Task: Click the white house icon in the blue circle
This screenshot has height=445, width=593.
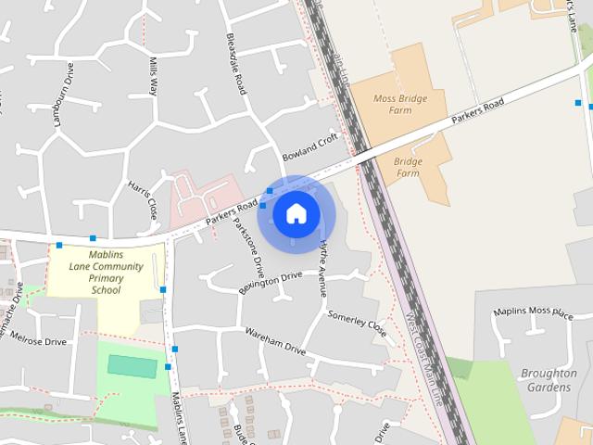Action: point(296,213)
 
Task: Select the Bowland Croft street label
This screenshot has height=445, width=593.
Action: point(312,146)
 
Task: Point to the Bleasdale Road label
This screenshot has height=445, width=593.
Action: point(236,64)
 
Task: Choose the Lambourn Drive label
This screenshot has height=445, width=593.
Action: point(64,94)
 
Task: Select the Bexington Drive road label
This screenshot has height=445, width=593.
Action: point(271,280)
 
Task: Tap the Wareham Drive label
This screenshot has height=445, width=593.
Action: point(275,340)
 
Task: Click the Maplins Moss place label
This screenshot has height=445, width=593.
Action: point(534,312)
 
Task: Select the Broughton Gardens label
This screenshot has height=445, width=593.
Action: point(549,380)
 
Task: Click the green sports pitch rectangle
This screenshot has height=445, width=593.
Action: point(132,365)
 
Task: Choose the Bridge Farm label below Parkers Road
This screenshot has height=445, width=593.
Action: point(408,167)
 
